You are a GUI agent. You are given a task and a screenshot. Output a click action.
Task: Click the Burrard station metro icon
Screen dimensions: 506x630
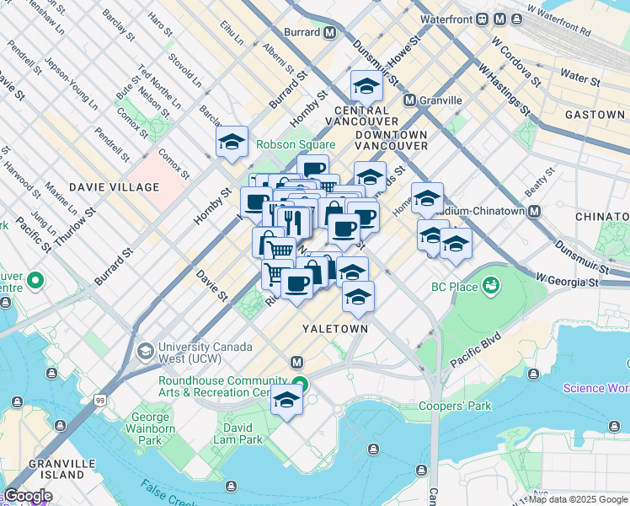pyautogui.click(x=329, y=33)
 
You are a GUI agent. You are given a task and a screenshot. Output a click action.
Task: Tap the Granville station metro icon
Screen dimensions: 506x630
pyautogui.click(x=410, y=100)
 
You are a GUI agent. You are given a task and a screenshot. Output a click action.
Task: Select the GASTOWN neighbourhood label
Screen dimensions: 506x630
pyautogui.click(x=595, y=115)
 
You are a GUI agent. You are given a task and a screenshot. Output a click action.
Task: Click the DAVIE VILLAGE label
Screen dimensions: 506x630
pyautogui.click(x=115, y=186)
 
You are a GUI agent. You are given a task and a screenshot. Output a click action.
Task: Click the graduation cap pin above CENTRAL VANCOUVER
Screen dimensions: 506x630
pyautogui.click(x=366, y=86)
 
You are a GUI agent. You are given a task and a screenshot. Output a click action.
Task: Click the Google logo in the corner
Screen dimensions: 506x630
pyautogui.click(x=28, y=496)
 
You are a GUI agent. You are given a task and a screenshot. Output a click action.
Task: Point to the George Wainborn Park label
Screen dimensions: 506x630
pyautogui.click(x=149, y=428)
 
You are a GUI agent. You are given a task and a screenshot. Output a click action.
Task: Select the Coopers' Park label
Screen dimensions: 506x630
pyautogui.click(x=455, y=406)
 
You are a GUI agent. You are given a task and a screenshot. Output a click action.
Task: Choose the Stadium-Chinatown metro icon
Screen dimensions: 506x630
pyautogui.click(x=533, y=212)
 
